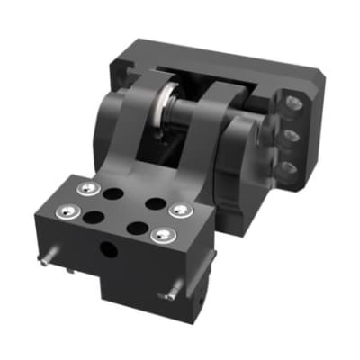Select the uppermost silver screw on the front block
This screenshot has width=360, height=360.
86,189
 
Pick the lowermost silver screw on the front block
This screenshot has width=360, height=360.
162,235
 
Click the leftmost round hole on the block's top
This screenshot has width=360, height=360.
94,216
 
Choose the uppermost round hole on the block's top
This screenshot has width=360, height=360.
113,193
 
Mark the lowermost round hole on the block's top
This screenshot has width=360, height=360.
137,229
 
